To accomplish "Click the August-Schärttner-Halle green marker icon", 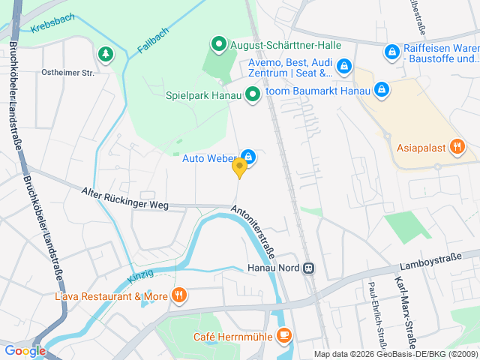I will (x=218, y=44).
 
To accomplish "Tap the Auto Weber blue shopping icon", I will (x=249, y=157).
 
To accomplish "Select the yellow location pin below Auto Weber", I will (x=239, y=168).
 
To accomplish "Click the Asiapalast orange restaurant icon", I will (x=457, y=146).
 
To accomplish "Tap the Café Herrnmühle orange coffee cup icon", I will (x=283, y=335).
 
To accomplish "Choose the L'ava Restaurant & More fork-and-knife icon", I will (x=178, y=295).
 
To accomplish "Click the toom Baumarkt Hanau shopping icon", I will (x=382, y=90).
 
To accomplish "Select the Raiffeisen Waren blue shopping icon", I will (x=391, y=52).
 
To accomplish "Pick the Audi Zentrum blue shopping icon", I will (x=343, y=67).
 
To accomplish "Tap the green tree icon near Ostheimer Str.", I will (x=104, y=53).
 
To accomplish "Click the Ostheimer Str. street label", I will (x=67, y=73).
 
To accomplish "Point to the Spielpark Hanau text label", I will (x=202, y=95).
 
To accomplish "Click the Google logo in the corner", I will (x=25, y=350).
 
